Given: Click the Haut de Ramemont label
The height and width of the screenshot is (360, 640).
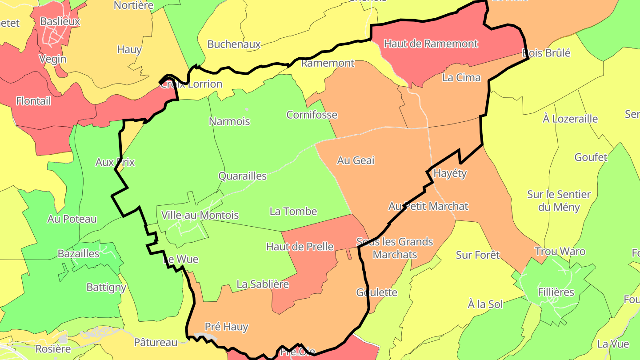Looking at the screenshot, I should pyautogui.click(x=431, y=44).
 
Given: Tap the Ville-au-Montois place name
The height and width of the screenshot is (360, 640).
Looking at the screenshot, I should pyautogui.click(x=200, y=215).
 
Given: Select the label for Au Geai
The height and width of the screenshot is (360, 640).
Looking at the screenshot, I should pyautogui.click(x=356, y=160).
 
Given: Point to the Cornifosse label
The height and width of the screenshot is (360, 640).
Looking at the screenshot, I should pyautogui.click(x=312, y=115).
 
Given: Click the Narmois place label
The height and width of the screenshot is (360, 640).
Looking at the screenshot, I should pyautogui.click(x=229, y=121).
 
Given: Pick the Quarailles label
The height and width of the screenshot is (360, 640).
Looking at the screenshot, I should pyautogui.click(x=242, y=176).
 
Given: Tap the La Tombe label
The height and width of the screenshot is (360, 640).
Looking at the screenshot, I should pyautogui.click(x=293, y=211).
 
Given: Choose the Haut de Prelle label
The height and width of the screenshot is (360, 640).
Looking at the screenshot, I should pyautogui.click(x=300, y=246).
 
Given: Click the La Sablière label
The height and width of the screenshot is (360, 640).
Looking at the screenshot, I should pyautogui.click(x=263, y=284).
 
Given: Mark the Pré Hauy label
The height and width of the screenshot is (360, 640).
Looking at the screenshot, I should pyautogui.click(x=226, y=327).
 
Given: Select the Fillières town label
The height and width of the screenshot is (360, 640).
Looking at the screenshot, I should pyautogui.click(x=556, y=292).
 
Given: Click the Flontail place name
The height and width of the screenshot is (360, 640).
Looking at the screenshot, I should pyautogui.click(x=33, y=101).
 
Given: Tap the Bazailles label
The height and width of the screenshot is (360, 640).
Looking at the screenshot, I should pyautogui.click(x=79, y=253).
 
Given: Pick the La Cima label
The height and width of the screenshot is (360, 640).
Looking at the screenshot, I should pyautogui.click(x=461, y=77).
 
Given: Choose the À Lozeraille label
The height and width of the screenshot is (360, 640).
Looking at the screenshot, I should pyautogui.click(x=570, y=119).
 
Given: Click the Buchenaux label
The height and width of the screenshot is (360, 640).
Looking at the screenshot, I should pyautogui.click(x=234, y=44).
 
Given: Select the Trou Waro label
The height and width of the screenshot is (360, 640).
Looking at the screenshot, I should pyautogui.click(x=560, y=251).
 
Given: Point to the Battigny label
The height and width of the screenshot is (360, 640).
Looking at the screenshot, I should pyautogui.click(x=106, y=287).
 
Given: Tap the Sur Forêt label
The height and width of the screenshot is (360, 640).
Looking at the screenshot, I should pyautogui.click(x=478, y=255).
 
